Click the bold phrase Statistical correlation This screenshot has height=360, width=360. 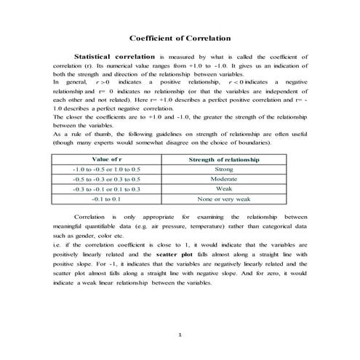pyautogui.click(x=115, y=56)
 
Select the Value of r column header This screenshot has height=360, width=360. pyautogui.click(x=106, y=159)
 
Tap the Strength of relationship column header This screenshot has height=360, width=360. pyautogui.click(x=224, y=159)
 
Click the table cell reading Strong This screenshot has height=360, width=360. pyautogui.click(x=224, y=169)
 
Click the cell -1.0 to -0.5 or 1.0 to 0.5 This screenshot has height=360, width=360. pyautogui.click(x=106, y=169)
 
